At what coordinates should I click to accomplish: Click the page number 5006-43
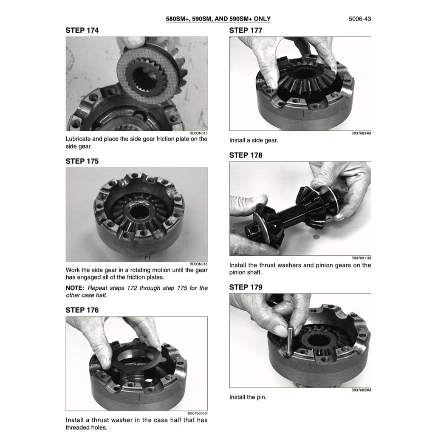pyautogui.click(x=359, y=19)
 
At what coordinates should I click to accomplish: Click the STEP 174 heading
pyautogui.click(x=82, y=30)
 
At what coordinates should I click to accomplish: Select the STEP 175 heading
pyautogui.click(x=82, y=161)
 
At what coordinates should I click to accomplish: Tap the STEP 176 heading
pyautogui.click(x=82, y=310)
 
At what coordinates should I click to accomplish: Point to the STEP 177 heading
pyautogui.click(x=246, y=30)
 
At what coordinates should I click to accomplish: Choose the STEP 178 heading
pyautogui.click(x=246, y=155)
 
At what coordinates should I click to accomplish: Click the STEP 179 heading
pyautogui.click(x=246, y=287)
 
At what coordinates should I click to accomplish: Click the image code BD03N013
pyautogui.click(x=198, y=133)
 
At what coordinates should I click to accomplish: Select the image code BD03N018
pyautogui.click(x=198, y=264)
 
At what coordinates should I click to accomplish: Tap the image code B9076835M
pyautogui.click(x=198, y=413)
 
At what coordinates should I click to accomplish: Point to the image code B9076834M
pyautogui.click(x=361, y=133)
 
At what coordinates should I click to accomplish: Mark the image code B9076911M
pyautogui.click(x=361, y=258)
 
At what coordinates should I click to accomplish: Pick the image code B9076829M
pyautogui.click(x=361, y=390)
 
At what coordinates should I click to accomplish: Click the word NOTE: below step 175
pyautogui.click(x=75, y=288)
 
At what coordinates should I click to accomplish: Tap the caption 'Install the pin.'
pyautogui.click(x=248, y=397)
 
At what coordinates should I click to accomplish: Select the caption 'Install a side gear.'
pyautogui.click(x=254, y=140)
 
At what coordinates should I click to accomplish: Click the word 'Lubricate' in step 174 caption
pyautogui.click(x=78, y=139)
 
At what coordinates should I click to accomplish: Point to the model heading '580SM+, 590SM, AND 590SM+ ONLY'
pyautogui.click(x=218, y=19)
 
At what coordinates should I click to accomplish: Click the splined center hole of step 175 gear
pyautogui.click(x=137, y=212)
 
